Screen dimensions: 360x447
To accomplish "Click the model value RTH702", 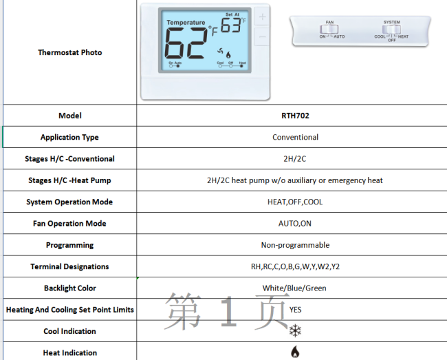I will [295, 116].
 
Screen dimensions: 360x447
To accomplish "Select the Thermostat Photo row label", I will [69, 52].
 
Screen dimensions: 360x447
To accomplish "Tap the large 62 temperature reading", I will [186, 45].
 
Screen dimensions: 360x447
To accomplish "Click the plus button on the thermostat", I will [263, 17].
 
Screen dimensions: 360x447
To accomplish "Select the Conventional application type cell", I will [295, 137].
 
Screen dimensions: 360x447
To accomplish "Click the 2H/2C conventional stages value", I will [295, 159].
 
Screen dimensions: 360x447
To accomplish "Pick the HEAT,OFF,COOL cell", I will [295, 202].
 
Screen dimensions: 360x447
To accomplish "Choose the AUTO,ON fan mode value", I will [295, 224].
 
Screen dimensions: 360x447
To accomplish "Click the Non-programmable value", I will [295, 245].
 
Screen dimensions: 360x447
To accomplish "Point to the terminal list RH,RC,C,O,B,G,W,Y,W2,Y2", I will [295, 266].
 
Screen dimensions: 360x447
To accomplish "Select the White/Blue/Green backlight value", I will [295, 288].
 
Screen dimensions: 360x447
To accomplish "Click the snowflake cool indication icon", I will [295, 331].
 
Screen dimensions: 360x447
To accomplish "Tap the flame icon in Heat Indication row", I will [295, 352].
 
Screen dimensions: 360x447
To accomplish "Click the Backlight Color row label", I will [69, 288].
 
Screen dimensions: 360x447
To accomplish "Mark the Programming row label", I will [69, 245].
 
